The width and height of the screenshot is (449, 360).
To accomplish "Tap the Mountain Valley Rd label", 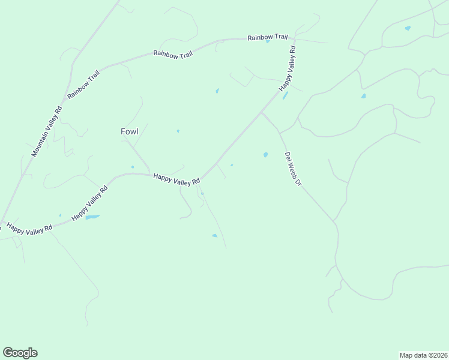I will point(47,132).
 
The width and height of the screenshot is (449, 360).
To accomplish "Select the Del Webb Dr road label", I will point(292,168).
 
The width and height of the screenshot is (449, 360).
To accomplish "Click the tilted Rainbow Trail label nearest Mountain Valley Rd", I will point(83,85).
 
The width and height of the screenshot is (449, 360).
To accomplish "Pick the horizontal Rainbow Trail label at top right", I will point(264,37).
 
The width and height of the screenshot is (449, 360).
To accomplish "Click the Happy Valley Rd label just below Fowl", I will point(176,179).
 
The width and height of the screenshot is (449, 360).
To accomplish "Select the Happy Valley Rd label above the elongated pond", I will point(89,203).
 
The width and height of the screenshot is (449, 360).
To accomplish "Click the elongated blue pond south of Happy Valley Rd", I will point(92,217).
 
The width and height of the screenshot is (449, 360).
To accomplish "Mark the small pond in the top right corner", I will point(408,28).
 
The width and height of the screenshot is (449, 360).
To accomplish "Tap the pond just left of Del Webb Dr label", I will point(265,155).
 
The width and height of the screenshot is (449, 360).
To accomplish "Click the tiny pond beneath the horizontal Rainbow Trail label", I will point(268,42).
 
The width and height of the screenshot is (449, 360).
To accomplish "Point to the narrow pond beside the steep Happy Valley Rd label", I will point(285,95).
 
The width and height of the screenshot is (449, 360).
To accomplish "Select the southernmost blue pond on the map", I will point(214,236).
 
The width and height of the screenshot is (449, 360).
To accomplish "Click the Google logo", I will point(20,353).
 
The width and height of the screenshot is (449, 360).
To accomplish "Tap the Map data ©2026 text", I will point(423,355).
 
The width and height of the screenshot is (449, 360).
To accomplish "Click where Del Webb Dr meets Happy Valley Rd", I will point(261,112).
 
